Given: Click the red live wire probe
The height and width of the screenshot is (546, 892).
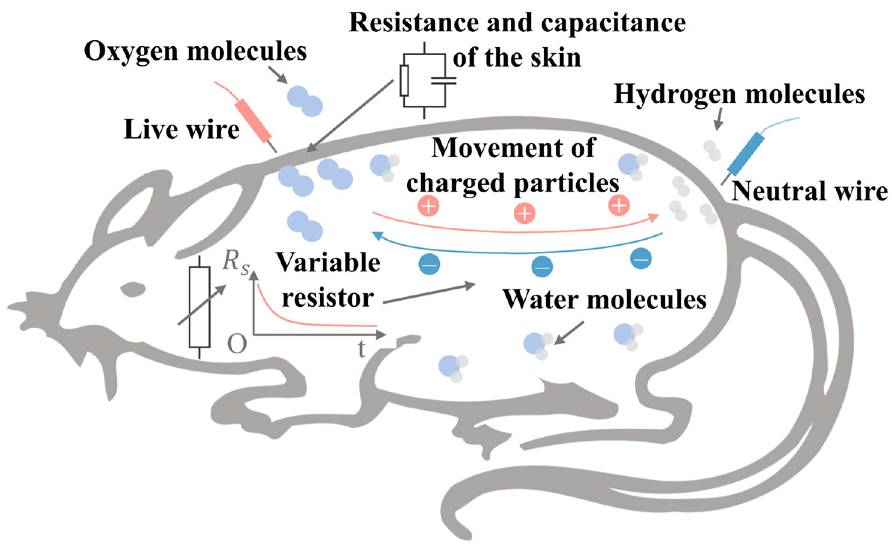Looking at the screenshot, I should pos(252,120).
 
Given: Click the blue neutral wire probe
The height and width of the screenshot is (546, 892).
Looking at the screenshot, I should pos(746,154).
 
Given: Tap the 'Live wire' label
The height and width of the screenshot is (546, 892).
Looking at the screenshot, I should pos(182,129).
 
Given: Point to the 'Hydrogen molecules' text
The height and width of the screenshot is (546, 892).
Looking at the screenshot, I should pos(739,94).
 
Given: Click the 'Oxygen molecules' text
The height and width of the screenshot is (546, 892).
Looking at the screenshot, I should pos(195,51).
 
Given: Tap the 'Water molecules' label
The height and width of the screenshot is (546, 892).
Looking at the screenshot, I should pos(604,300).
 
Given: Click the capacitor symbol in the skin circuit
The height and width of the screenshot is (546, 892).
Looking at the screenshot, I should pos(443,81).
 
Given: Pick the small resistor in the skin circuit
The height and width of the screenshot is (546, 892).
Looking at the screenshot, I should pos(404,80).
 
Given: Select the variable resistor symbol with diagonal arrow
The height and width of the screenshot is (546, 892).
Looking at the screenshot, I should pos(199,307).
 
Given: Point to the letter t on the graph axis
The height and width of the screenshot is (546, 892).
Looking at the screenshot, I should pos(361,349).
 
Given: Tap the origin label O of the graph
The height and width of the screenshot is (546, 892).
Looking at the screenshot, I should pos(237,344).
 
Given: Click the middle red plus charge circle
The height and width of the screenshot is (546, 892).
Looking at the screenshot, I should pos(525,213).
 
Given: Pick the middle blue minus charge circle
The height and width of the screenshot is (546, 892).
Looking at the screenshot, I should pos(542,267).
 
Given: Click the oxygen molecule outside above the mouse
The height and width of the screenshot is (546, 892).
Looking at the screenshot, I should pos(305,101).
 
